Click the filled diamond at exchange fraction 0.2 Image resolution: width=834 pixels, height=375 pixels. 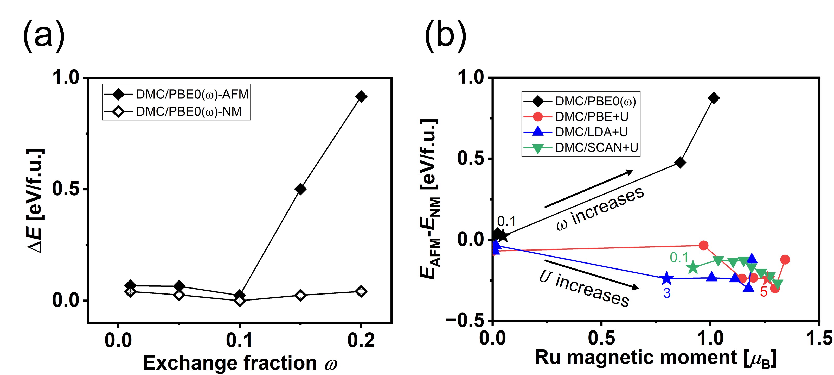coord(361,96)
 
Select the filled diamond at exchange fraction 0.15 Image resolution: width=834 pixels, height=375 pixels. coord(300,189)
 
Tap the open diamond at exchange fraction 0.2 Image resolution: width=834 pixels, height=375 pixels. coord(361,291)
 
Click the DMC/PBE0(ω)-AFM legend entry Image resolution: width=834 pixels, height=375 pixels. coord(176,94)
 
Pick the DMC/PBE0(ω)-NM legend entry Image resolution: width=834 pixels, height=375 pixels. coord(176,111)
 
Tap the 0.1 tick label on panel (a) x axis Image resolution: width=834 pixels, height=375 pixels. coord(239,341)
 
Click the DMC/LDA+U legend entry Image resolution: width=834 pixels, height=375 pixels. coord(576,132)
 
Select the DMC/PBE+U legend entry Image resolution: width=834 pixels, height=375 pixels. coord(576,117)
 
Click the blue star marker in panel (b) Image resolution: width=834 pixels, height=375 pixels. coord(666,278)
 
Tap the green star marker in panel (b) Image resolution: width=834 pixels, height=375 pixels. coord(693,267)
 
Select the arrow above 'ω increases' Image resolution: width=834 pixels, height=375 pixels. coord(589,189)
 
